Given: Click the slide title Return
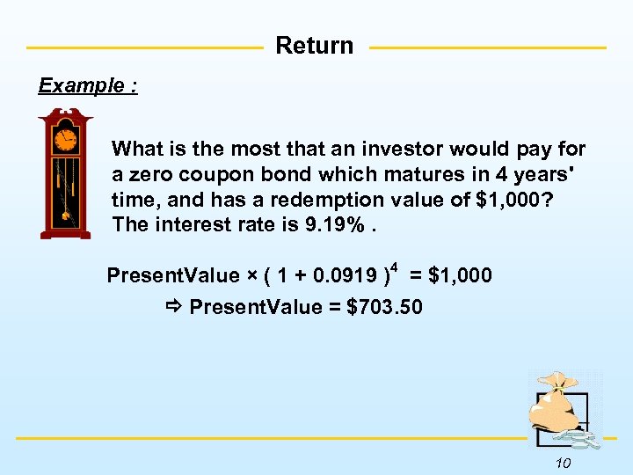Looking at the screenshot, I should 315,46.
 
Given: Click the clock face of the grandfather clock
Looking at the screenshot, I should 66,139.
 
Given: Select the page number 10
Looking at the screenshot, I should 564,464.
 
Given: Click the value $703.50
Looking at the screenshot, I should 385,307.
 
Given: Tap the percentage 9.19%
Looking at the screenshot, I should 338,225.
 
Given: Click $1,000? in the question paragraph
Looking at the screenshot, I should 514,200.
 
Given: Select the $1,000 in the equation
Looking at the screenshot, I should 461,276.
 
